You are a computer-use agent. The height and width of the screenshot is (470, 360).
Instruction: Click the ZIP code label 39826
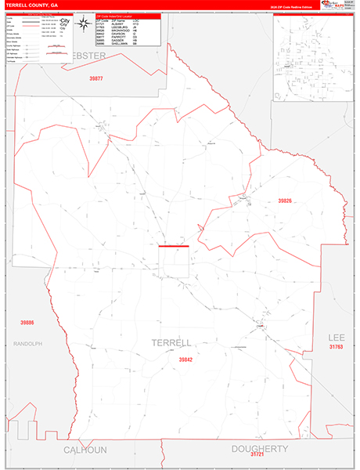click(x=285, y=201)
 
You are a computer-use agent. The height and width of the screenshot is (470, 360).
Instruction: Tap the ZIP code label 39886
click(x=27, y=322)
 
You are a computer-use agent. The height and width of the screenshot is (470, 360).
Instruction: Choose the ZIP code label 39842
click(x=185, y=360)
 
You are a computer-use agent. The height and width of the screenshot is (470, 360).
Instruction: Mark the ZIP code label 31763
click(x=337, y=345)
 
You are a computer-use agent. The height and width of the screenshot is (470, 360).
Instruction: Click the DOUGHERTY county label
click(x=260, y=448)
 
